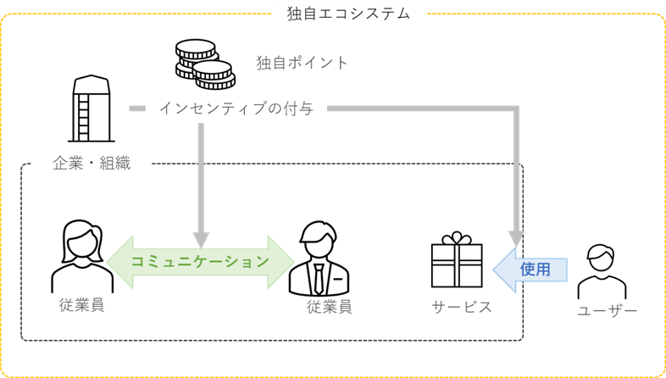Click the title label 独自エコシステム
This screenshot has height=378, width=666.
pyautogui.click(x=349, y=14)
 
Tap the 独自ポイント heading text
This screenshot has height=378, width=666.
pyautogui.click(x=302, y=63)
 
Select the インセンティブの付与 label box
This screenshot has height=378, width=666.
pyautogui.click(x=236, y=108)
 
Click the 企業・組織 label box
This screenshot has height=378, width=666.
pyautogui.click(x=92, y=163)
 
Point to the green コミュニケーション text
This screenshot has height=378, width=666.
pyautogui.click(x=200, y=262)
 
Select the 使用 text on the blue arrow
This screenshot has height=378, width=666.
pyautogui.click(x=536, y=270)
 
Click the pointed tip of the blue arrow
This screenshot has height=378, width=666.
pyautogui.click(x=496, y=270)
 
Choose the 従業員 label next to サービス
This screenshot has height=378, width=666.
pyautogui.click(x=330, y=307)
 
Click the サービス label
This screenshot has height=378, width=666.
pyautogui.click(x=462, y=307)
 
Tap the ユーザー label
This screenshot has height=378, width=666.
pyautogui.click(x=607, y=311)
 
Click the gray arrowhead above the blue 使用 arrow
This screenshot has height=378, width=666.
pyautogui.click(x=516, y=238)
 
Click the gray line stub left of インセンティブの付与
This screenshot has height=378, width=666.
pyautogui.click(x=136, y=108)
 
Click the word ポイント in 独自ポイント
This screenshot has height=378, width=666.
pyautogui.click(x=319, y=63)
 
